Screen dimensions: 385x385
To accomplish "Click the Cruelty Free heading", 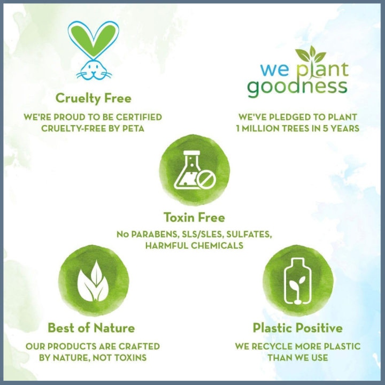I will tap(94, 98).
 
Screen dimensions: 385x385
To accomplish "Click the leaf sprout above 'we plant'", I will tap(311, 54).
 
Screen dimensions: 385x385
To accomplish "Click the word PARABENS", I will tap(155, 234).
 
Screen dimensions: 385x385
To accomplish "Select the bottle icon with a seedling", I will tap(297, 282).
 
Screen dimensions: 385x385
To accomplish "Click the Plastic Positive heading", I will tap(297, 328).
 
